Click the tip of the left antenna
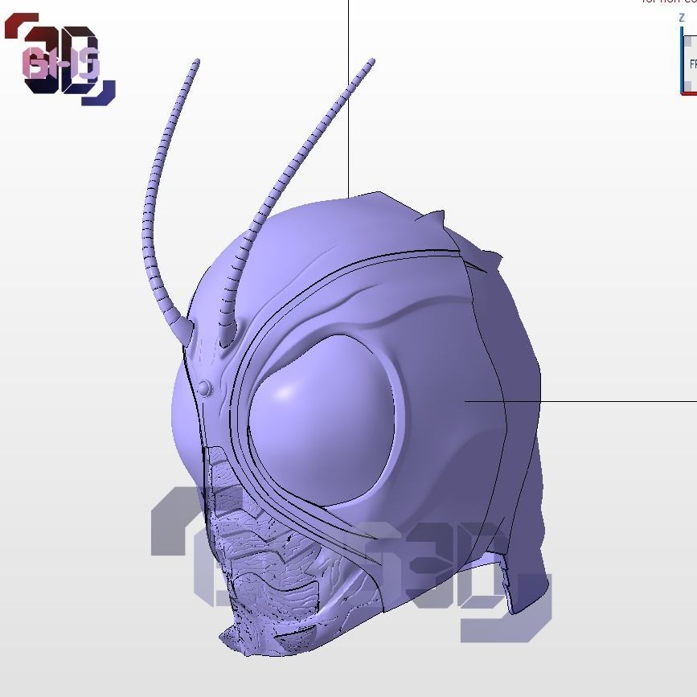197,61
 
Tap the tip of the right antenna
372,61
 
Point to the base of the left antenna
183,328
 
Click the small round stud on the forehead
206,388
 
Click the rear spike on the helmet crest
490,257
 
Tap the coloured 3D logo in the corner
61,61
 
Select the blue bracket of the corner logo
101,94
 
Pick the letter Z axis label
682,18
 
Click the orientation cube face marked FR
691,64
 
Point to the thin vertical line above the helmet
348,96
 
